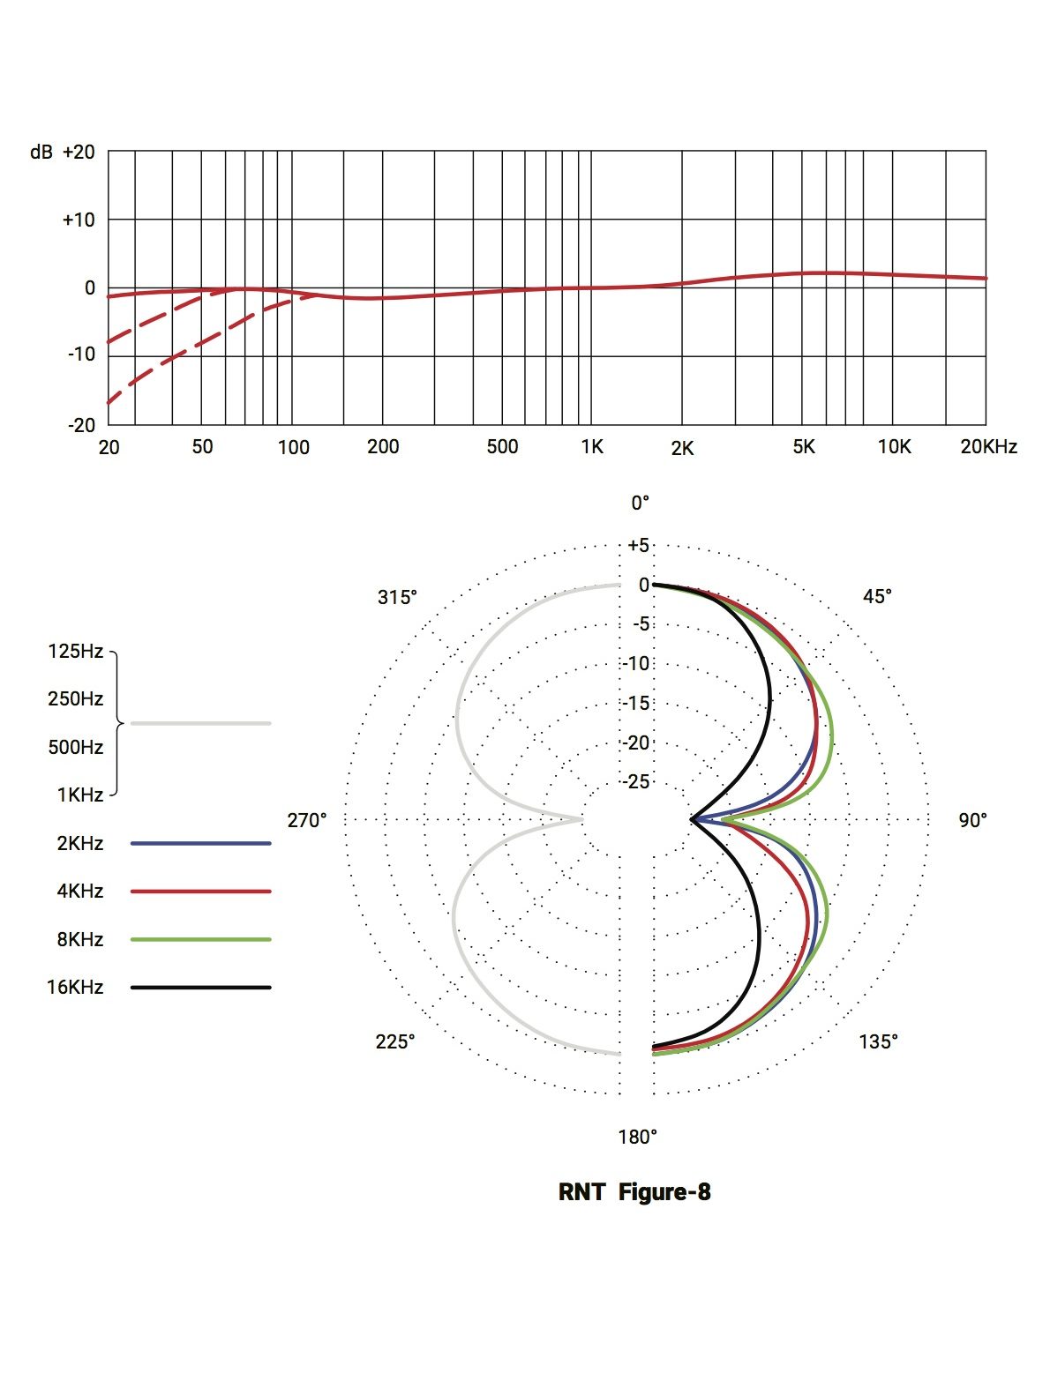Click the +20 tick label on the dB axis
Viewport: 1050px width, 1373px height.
click(x=79, y=152)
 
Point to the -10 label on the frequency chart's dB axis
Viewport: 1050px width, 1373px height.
click(x=80, y=354)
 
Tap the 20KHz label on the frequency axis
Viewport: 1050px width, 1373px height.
click(x=988, y=447)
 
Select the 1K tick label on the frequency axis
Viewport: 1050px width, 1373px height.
click(x=592, y=447)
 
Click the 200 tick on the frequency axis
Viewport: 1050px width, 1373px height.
click(x=383, y=447)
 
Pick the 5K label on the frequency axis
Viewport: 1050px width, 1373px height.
click(x=804, y=447)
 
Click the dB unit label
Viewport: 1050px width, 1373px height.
click(x=41, y=152)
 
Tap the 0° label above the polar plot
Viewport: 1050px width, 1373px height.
click(x=640, y=503)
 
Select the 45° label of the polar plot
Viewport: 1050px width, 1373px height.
click(x=877, y=597)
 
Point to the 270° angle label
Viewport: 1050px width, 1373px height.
click(x=307, y=821)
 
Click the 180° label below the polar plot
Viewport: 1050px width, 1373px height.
click(x=637, y=1137)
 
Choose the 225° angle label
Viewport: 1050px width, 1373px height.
click(x=395, y=1041)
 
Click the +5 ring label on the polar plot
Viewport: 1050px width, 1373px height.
click(x=639, y=545)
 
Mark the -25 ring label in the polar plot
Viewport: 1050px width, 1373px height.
click(x=637, y=782)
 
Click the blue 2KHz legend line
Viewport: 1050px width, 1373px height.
click(x=200, y=844)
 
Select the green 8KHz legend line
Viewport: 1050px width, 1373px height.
click(x=200, y=940)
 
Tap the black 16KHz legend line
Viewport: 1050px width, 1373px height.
click(x=200, y=988)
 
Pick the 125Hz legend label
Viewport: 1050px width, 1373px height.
click(x=76, y=652)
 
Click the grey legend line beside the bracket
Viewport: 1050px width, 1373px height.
click(x=200, y=723)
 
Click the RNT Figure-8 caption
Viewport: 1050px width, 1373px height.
click(x=634, y=1192)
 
